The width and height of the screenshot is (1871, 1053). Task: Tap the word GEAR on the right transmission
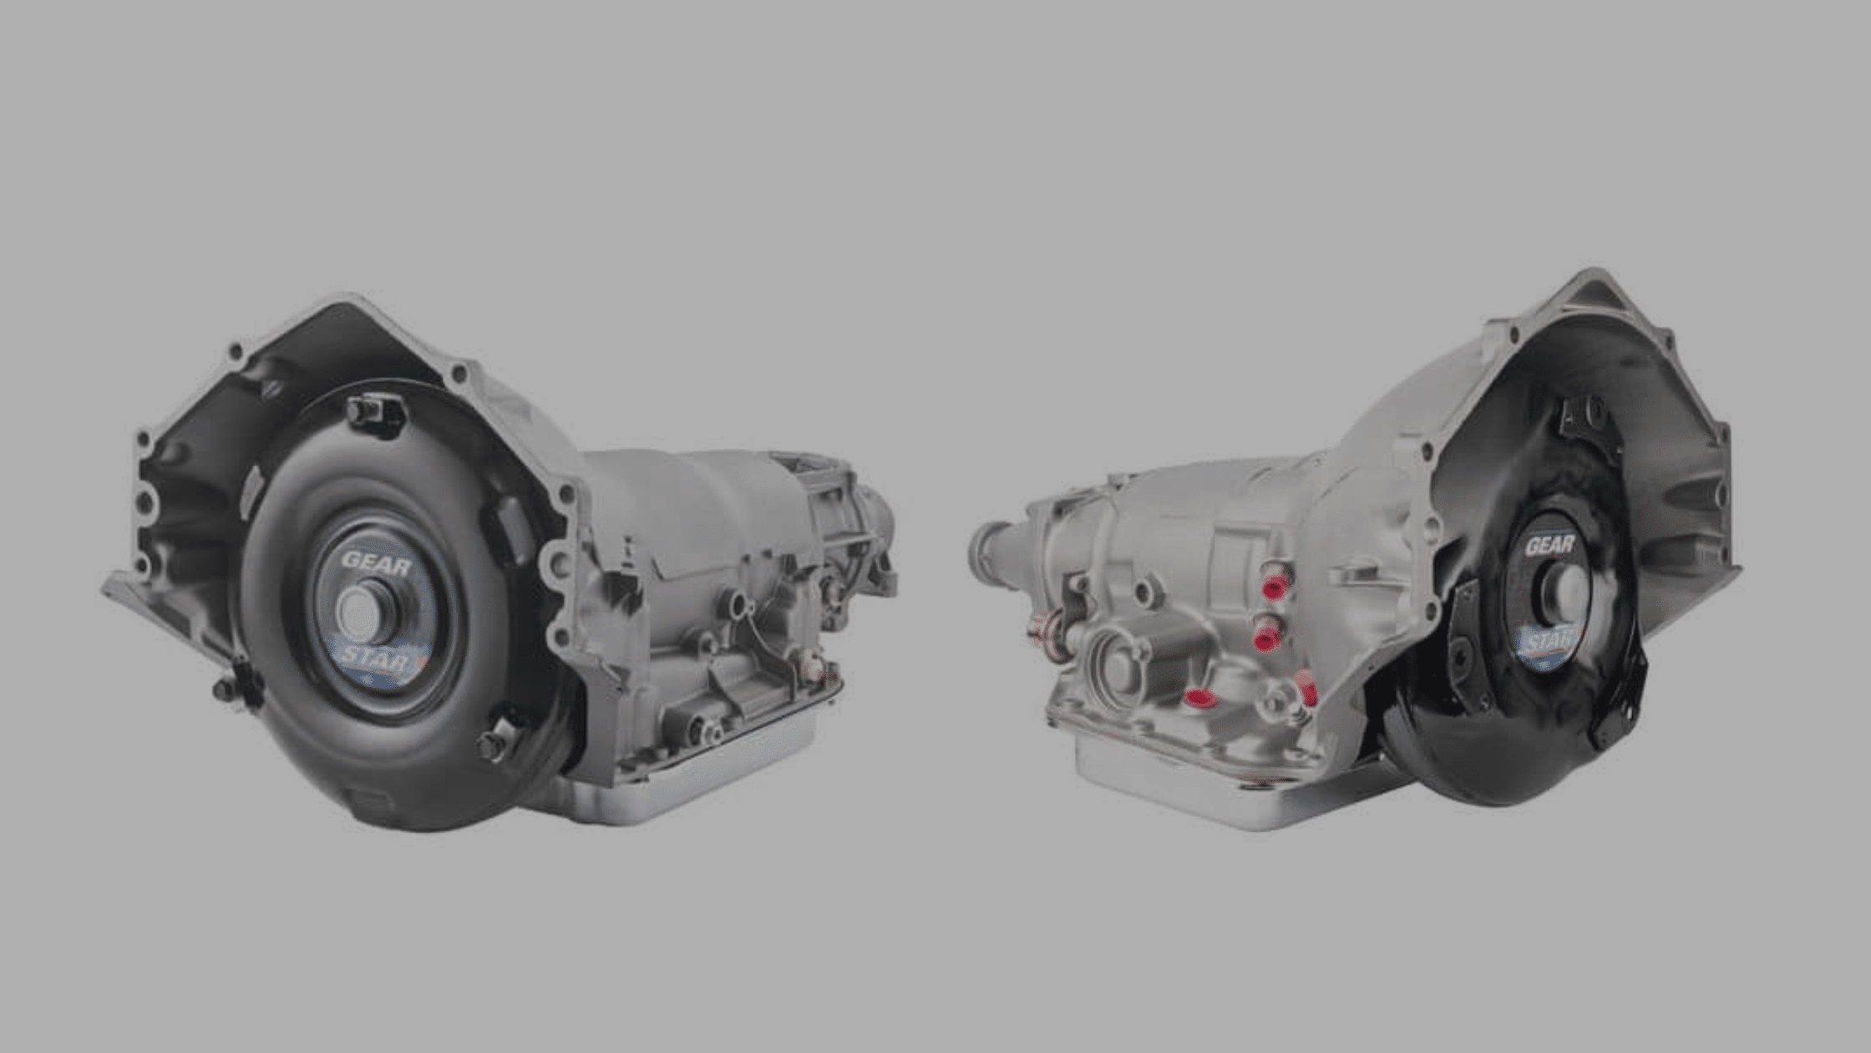coord(1550,545)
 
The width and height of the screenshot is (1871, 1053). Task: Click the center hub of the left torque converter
coord(366,612)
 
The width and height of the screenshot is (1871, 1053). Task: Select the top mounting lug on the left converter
coord(375,413)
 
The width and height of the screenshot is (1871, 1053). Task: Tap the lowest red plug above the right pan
coord(1199,699)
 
